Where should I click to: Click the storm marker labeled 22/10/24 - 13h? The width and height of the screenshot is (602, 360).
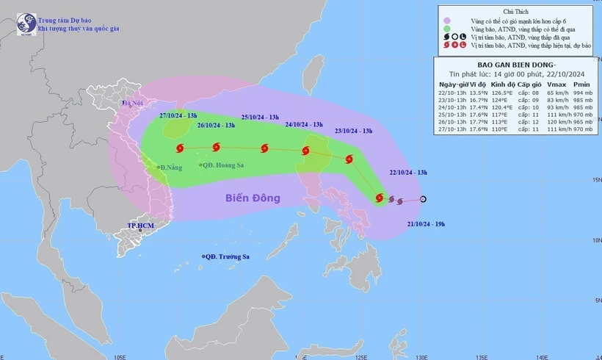[379, 198]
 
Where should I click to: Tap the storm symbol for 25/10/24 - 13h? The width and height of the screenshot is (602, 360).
[264, 149]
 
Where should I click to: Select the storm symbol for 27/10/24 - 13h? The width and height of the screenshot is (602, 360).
[179, 148]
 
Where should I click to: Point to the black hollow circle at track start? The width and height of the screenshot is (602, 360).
[423, 199]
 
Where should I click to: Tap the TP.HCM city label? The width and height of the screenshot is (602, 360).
[139, 226]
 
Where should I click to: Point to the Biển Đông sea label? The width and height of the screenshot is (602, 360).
[253, 198]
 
